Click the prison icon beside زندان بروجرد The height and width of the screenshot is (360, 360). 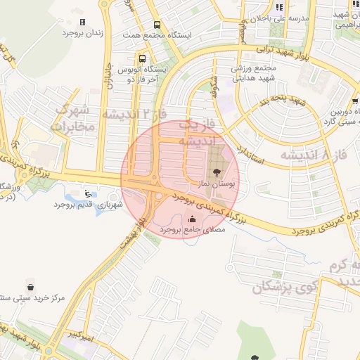pos(82,22)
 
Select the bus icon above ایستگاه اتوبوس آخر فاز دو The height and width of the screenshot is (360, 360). pos(143,59)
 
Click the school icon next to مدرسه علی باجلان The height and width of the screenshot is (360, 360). pos(279,8)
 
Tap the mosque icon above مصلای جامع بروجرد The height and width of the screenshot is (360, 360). pos(193,218)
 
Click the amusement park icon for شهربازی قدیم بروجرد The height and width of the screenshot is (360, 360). pos(87,193)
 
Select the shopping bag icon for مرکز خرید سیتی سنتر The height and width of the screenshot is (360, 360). pos(31,286)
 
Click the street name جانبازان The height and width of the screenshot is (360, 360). pos(108,77)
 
